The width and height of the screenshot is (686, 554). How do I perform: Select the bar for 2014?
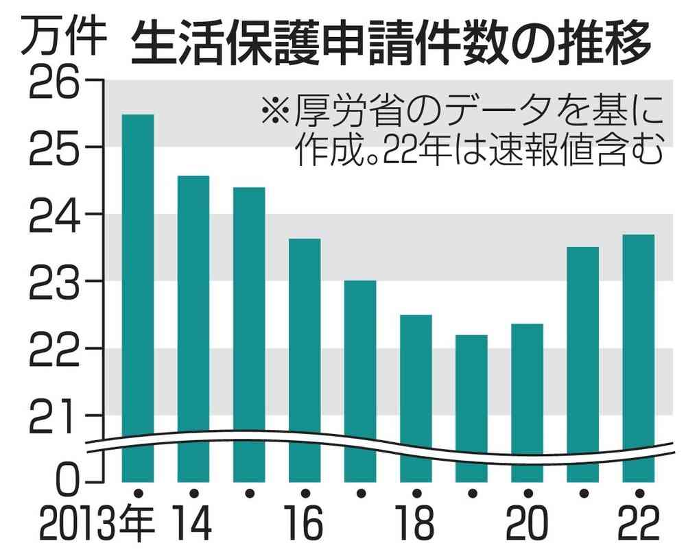click(193, 329)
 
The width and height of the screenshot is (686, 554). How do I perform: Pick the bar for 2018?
click(416, 398)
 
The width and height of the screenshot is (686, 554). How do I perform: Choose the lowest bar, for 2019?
click(471, 408)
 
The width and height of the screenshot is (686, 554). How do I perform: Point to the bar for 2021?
click(582, 363)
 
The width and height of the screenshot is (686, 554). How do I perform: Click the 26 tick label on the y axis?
click(55, 80)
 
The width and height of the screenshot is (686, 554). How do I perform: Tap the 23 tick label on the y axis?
click(55, 281)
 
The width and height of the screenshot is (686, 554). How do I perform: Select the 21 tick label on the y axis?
click(55, 415)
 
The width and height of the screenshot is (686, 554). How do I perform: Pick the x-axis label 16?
click(305, 525)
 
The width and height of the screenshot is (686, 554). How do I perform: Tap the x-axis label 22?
click(638, 525)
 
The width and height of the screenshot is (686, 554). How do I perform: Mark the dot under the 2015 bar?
click(249, 492)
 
